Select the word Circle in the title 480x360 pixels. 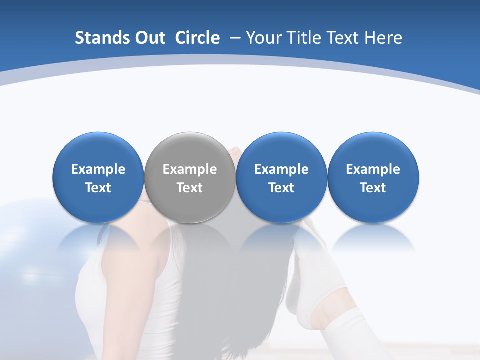coord(197,38)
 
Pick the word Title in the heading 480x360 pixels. coord(304,38)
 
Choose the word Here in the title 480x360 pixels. coord(383,38)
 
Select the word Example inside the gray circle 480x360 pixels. coord(190,169)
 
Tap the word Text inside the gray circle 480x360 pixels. coord(190,188)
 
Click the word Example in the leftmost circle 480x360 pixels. coord(98,169)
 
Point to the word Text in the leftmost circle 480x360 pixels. coord(98,188)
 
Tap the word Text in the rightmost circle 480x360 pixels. coord(373,188)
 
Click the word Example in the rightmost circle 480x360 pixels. coord(373,169)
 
